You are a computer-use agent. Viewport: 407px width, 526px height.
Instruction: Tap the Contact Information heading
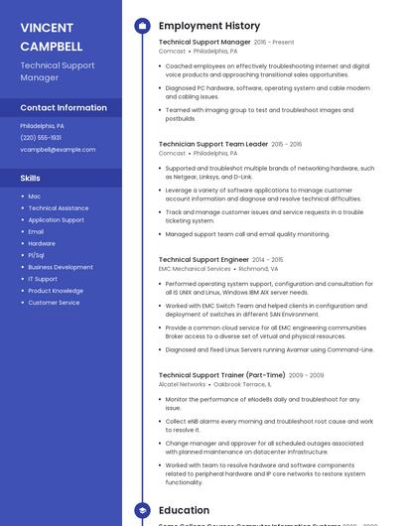(64, 107)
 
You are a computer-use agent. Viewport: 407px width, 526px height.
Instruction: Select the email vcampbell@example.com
(58, 150)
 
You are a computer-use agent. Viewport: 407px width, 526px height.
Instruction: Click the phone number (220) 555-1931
(41, 138)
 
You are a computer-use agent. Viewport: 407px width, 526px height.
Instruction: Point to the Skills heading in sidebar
(31, 178)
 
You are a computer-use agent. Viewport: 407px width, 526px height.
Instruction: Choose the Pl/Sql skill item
(37, 255)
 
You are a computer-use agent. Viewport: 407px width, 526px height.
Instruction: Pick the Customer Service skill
(54, 303)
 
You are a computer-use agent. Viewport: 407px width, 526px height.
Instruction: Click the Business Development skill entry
(61, 267)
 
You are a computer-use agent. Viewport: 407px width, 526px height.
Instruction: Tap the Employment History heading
(208, 26)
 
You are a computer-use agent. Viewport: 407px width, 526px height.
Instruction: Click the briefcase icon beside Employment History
(142, 26)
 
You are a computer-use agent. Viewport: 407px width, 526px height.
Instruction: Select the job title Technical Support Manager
(204, 43)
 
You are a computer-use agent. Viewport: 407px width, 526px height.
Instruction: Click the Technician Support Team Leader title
(212, 144)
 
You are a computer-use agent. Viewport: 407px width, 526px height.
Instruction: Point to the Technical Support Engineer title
(203, 259)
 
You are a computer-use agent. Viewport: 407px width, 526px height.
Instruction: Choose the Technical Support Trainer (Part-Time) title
(221, 375)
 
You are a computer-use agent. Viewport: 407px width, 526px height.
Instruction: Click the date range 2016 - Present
(274, 43)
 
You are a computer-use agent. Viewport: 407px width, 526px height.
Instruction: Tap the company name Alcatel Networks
(182, 384)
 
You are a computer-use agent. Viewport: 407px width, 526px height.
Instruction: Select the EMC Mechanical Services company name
(195, 268)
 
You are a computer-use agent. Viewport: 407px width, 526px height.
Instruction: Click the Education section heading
(184, 510)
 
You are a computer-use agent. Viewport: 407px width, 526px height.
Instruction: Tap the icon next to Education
(142, 510)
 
